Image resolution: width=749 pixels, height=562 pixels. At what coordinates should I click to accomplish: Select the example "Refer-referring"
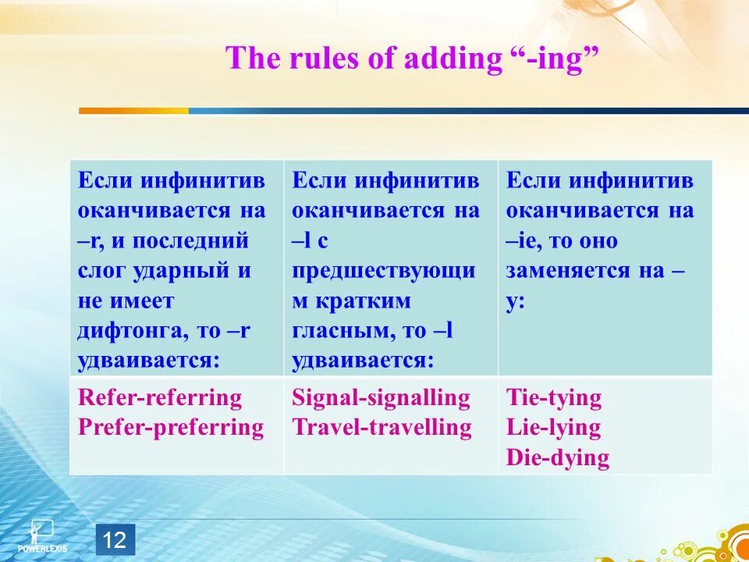click(x=159, y=399)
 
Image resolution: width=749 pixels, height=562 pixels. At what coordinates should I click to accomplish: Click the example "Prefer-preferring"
click(x=171, y=428)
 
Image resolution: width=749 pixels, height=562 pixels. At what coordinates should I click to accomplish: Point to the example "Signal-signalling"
click(x=382, y=399)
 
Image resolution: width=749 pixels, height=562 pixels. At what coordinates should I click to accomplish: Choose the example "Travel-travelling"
click(x=382, y=428)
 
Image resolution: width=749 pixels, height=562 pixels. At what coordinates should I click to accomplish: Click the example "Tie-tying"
click(x=554, y=399)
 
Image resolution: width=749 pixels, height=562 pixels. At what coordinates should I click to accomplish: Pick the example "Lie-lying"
click(x=553, y=429)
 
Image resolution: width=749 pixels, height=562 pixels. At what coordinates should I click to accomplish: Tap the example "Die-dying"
click(x=557, y=458)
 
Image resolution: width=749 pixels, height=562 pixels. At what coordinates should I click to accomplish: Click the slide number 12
click(x=115, y=539)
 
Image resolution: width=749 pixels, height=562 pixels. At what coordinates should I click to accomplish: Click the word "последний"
click(x=190, y=242)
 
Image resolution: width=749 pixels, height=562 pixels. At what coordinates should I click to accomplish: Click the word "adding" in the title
click(x=451, y=59)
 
